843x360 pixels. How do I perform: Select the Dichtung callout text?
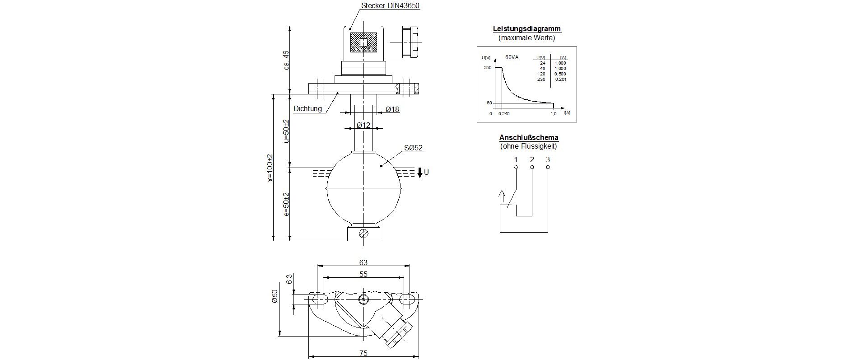click(x=307, y=108)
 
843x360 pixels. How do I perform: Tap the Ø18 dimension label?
click(x=392, y=109)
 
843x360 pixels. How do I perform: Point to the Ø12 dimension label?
click(x=363, y=125)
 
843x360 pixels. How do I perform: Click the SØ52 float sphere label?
click(x=413, y=148)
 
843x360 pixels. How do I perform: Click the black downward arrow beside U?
click(x=419, y=172)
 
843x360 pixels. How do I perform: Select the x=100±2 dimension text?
click(x=270, y=168)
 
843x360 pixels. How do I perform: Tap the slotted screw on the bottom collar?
click(x=364, y=234)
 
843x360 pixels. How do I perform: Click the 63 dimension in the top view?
click(x=363, y=262)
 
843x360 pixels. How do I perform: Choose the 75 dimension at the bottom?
click(x=363, y=353)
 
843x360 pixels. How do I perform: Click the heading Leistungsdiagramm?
click(x=526, y=29)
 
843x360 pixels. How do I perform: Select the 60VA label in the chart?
click(x=512, y=57)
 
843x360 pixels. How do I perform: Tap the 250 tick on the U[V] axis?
click(x=487, y=68)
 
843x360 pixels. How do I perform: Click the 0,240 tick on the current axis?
click(x=503, y=114)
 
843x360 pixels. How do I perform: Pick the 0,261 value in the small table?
click(x=560, y=79)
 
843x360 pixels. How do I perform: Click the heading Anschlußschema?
click(x=528, y=138)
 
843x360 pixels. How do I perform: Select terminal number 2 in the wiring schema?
click(x=532, y=159)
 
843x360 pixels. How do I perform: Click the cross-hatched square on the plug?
click(x=363, y=43)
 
